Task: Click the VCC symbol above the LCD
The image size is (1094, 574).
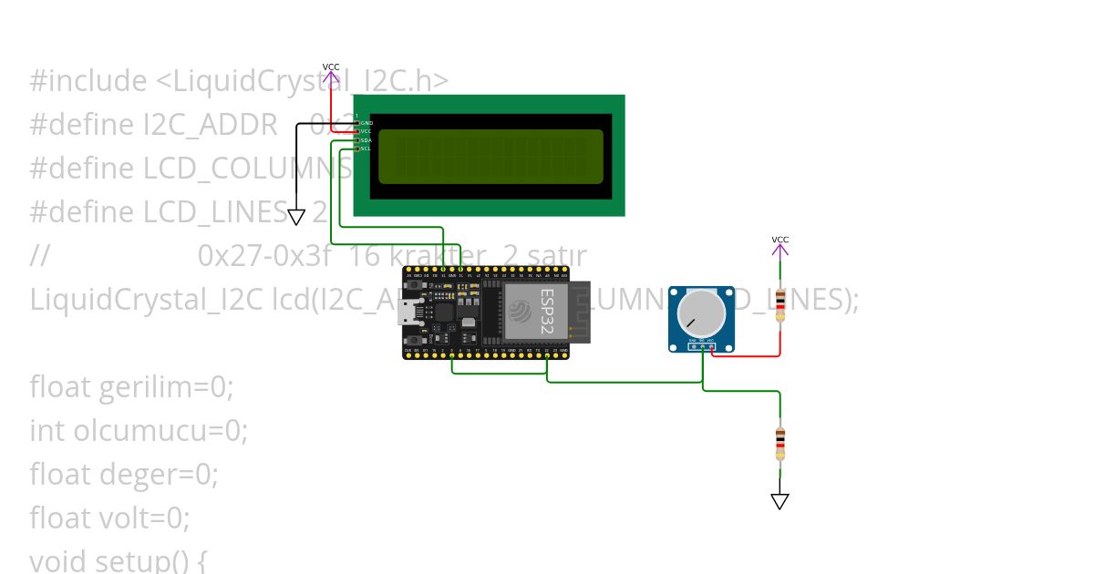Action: coord(331,71)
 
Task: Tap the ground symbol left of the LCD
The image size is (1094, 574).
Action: coord(296,217)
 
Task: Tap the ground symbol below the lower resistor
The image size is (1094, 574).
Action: coord(779,501)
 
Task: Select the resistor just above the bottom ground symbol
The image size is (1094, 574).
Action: coord(779,444)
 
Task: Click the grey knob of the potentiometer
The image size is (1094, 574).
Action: coord(701,313)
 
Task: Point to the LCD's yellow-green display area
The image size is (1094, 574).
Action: coord(490,156)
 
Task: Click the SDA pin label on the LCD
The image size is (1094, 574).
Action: coord(366,140)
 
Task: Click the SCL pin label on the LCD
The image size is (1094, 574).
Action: coord(366,149)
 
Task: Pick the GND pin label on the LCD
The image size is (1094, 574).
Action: coord(366,122)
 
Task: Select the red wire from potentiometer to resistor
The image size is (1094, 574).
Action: coord(748,355)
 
